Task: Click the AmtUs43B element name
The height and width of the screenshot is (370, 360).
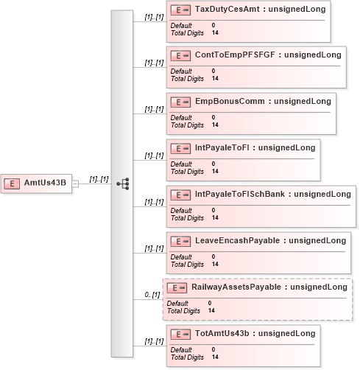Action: click(x=45, y=183)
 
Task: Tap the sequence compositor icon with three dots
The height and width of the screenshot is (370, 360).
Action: click(x=123, y=184)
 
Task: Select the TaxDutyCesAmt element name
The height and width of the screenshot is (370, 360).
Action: click(x=227, y=9)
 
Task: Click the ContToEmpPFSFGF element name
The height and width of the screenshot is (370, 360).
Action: click(x=235, y=55)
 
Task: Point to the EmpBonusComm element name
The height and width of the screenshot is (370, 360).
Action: click(x=230, y=101)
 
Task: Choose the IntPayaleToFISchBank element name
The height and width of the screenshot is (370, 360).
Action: click(x=240, y=194)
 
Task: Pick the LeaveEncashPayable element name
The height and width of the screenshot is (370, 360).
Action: click(x=237, y=240)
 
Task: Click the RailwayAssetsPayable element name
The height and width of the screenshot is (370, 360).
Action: click(x=236, y=287)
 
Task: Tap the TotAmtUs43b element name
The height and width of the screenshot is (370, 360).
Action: click(x=222, y=333)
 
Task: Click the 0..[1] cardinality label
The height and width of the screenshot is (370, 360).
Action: click(x=152, y=295)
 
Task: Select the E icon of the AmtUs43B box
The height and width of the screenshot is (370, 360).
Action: click(x=12, y=184)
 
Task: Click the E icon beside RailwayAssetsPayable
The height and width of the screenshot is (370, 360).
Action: click(x=177, y=287)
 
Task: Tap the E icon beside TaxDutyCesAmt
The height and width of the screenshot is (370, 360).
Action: click(x=180, y=10)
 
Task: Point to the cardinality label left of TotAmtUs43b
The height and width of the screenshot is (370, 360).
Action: click(x=154, y=341)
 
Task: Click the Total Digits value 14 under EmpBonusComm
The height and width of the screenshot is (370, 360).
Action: click(x=215, y=125)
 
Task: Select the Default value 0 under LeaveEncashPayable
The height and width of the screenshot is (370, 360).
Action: click(x=213, y=256)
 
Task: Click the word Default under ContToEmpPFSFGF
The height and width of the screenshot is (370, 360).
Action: click(x=181, y=71)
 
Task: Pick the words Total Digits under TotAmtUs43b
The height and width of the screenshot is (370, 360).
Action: click(x=187, y=357)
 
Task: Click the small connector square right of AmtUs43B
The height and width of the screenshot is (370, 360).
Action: click(x=75, y=184)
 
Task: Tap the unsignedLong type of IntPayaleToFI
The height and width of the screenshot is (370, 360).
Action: click(x=287, y=147)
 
